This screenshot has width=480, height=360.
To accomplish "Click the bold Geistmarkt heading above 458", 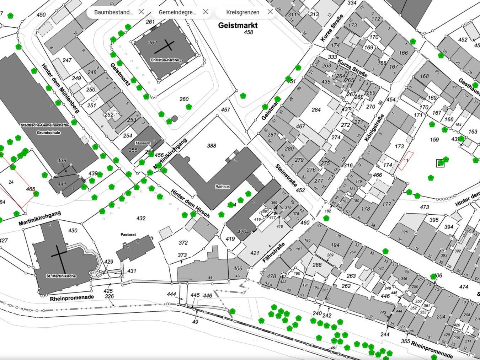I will click(238, 25).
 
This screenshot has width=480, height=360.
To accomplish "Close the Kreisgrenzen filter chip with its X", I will click(270, 12).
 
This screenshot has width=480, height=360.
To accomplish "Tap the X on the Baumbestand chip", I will click(141, 12).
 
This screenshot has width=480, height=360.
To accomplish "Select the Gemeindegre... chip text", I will click(177, 12).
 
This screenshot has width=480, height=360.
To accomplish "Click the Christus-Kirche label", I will click(164, 60).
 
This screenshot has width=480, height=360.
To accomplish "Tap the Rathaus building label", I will click(222, 187).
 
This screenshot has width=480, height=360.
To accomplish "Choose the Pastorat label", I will click(128, 235).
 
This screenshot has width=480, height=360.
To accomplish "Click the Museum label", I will click(143, 143).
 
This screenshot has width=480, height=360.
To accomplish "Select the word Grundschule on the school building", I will click(48, 133).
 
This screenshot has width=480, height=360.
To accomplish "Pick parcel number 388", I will click(212, 146).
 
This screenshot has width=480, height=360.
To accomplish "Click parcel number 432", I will click(141, 218).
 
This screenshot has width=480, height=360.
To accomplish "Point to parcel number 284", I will click(316, 110).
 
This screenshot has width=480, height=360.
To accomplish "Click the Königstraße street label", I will click(374, 128).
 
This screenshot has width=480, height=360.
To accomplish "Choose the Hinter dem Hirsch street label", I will click(190, 204).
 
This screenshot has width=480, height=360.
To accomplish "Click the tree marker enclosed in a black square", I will click(441, 163).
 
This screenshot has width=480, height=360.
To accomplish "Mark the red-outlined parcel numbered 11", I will click(405, 161).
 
